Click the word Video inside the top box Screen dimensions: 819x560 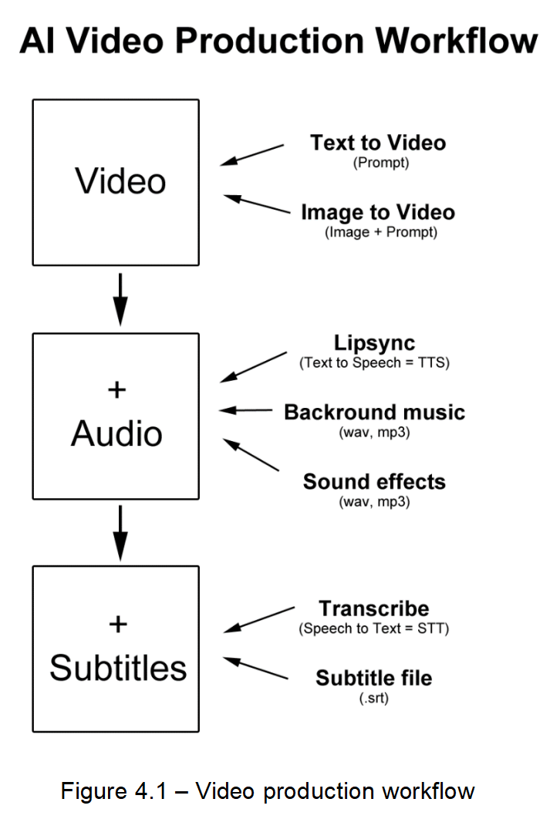120,181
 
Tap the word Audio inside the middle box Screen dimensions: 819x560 116,434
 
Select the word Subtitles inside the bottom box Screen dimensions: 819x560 118,668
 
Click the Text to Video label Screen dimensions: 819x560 378,143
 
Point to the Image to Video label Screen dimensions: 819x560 378,212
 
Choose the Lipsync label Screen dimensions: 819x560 374,343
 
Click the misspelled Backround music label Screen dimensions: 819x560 374,412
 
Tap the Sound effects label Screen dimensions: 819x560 374,482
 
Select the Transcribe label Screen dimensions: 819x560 374,608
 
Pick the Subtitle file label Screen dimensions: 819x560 373,679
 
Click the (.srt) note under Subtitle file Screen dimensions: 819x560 374,698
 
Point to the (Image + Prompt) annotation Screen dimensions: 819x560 380,232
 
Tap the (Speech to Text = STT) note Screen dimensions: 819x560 374,629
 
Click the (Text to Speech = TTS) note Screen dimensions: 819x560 374,362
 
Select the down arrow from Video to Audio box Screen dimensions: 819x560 120,299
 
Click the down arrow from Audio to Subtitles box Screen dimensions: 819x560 120,532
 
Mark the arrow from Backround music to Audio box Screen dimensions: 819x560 245,411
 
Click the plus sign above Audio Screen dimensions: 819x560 116,390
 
